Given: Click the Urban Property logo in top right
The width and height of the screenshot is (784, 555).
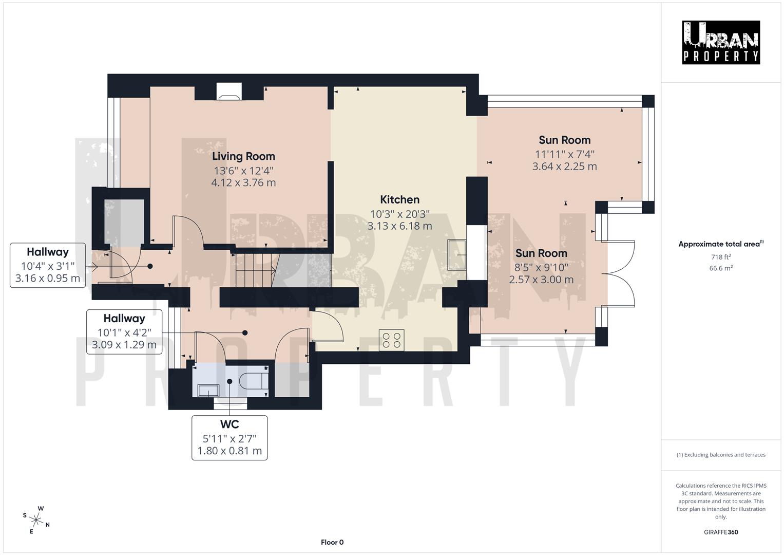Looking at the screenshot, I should point(721,42).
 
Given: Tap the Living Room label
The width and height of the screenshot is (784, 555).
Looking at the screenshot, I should point(243,156).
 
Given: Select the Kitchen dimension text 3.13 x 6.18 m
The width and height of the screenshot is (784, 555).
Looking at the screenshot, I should point(399,226).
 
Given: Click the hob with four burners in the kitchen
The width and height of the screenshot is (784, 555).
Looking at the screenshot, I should point(391,340).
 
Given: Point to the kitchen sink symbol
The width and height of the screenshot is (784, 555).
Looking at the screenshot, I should point(456,254).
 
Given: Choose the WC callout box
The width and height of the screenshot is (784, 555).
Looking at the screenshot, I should point(230,438).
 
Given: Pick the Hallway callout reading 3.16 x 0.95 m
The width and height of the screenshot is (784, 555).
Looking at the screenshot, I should point(48,265).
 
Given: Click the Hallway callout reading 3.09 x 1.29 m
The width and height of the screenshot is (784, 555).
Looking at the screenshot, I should point(124,331).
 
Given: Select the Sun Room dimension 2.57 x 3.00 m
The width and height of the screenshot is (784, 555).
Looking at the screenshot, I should point(541,280).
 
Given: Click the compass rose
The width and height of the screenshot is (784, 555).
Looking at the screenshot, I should point(36,520).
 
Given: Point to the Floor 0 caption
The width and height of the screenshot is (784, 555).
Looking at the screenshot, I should point(332,542).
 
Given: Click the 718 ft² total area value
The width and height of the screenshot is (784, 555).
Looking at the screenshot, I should point(720,257).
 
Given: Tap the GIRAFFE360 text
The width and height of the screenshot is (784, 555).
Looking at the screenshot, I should point(720,532).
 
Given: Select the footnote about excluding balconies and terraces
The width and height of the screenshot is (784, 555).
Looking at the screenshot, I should point(720,455).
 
